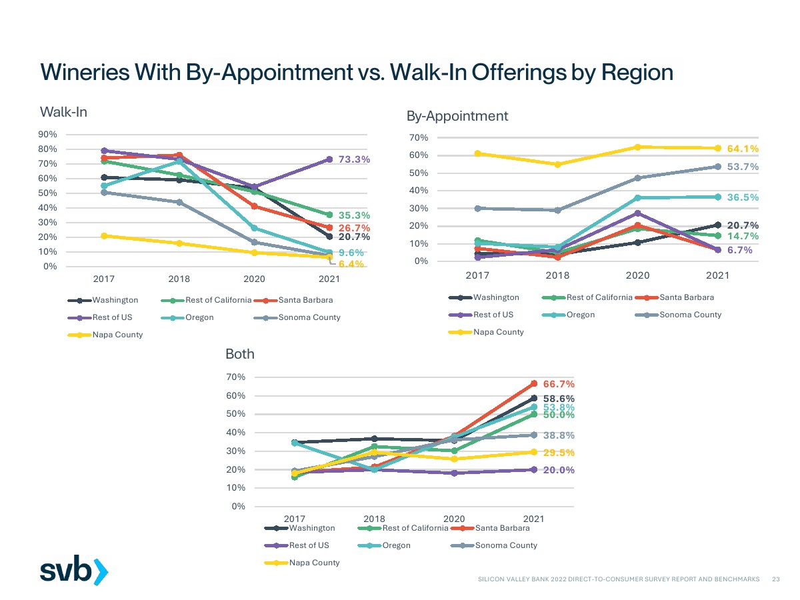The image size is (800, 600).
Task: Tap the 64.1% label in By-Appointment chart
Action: (743, 149)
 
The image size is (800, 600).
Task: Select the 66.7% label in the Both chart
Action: (559, 384)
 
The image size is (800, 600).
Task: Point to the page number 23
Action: (775, 579)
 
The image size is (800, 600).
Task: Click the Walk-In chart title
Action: (63, 111)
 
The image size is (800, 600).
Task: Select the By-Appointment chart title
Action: (457, 116)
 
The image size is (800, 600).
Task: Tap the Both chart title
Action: (240, 354)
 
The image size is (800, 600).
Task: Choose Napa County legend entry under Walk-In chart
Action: (117, 335)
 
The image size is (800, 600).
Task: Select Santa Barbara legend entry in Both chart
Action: (502, 528)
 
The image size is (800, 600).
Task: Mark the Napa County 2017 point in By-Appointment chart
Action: (478, 153)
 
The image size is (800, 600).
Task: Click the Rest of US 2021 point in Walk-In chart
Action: (329, 159)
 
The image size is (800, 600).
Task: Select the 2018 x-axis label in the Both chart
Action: (374, 519)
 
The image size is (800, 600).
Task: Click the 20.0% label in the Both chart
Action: (559, 470)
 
